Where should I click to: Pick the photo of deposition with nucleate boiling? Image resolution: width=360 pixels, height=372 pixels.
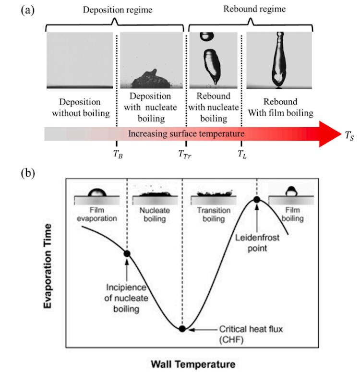(152, 60)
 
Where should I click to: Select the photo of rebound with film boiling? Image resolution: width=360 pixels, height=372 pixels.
(279, 60)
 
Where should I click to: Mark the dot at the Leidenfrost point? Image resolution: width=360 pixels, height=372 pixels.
(257, 199)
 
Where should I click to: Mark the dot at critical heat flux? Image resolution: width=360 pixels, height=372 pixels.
(182, 328)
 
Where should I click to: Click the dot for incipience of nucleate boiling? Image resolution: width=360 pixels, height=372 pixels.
(127, 253)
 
